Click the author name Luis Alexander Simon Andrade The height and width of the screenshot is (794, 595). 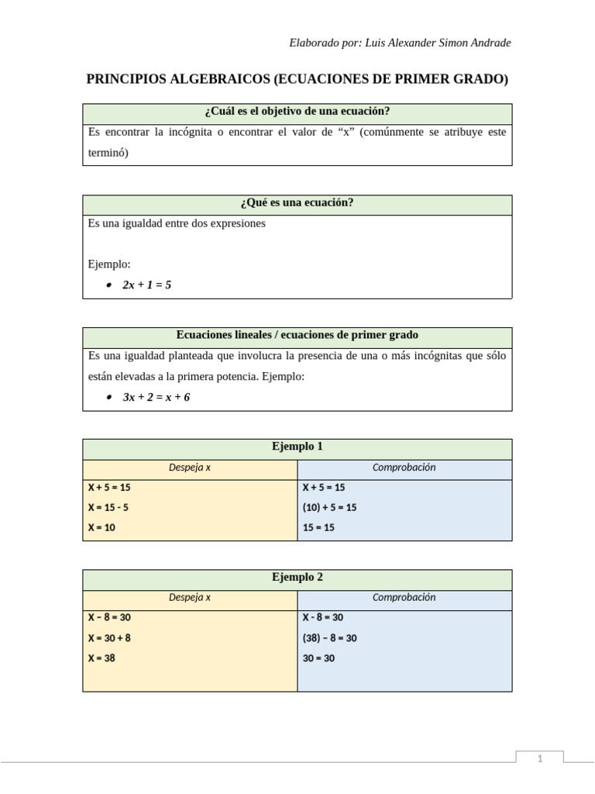(x=437, y=43)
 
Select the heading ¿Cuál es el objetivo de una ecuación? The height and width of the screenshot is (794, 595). (x=297, y=111)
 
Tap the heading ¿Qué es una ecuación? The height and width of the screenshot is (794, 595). (x=297, y=203)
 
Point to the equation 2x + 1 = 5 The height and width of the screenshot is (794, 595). (x=147, y=285)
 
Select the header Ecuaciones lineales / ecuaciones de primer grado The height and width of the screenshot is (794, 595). (x=297, y=336)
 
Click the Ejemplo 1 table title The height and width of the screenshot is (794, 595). (x=297, y=447)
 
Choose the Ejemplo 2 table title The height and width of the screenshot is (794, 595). (x=297, y=578)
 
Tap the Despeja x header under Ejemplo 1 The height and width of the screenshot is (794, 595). (x=190, y=468)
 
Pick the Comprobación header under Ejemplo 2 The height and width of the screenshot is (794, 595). (x=404, y=598)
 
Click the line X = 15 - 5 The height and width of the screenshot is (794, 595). (x=108, y=508)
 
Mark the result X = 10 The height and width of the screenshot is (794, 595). (x=101, y=528)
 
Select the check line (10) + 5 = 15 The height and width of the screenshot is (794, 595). (x=329, y=508)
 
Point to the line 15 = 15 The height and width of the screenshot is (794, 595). (x=318, y=528)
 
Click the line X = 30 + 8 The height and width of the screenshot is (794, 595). (x=109, y=638)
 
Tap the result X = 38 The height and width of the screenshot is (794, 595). (x=101, y=658)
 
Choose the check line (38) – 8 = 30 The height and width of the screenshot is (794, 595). (x=329, y=638)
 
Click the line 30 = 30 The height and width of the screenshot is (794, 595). (x=318, y=658)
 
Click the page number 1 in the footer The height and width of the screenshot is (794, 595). (x=540, y=759)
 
